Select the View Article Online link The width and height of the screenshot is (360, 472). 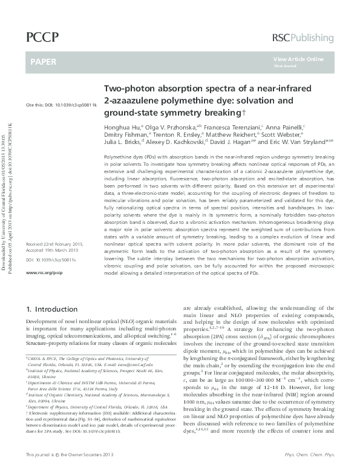point(298,59)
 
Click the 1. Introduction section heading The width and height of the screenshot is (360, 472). point(53,309)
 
